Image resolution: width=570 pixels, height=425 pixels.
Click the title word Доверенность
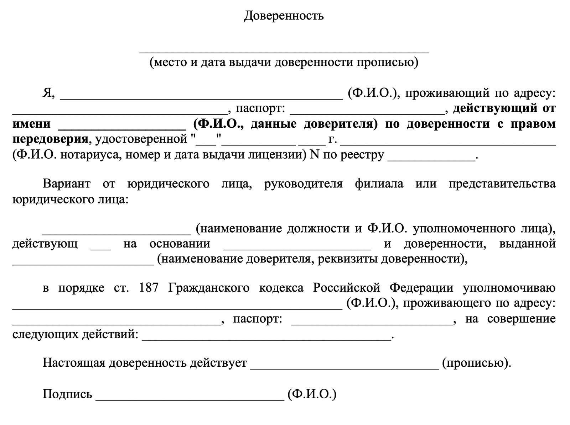pos(284,16)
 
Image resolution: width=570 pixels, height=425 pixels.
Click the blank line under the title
pos(284,52)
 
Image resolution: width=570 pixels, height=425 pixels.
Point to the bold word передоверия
pos(50,139)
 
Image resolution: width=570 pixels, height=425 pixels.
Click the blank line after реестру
pos(431,159)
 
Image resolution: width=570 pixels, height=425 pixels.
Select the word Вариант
pos(67,184)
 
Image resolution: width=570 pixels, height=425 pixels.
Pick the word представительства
pos(502,184)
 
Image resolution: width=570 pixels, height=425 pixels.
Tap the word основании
pos(180,244)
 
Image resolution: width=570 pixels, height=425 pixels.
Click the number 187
pos(149,288)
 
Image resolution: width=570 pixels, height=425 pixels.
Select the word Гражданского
pos(209,288)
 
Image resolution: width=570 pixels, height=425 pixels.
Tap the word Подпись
pos(67,394)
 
